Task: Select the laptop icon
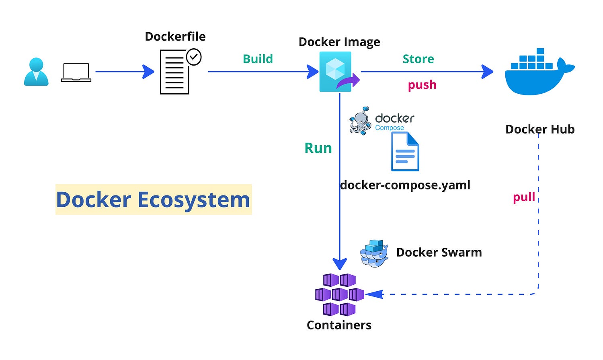[x=76, y=72]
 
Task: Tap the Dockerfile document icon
[x=174, y=72]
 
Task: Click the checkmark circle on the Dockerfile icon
[x=194, y=57]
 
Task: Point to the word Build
[x=258, y=59]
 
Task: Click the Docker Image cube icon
[x=336, y=71]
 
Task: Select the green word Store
[x=418, y=59]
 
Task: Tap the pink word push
[x=422, y=85]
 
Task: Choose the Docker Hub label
[x=539, y=129]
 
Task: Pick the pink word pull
[x=524, y=197]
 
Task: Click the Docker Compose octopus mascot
[x=360, y=121]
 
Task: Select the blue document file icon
[x=405, y=152]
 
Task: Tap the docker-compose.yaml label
[x=405, y=185]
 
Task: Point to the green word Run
[x=318, y=148]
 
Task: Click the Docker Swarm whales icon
[x=374, y=253]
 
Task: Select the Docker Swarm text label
[x=439, y=252]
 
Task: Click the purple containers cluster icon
[x=339, y=295]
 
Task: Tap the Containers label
[x=339, y=325]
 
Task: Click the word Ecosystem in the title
[x=194, y=200]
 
